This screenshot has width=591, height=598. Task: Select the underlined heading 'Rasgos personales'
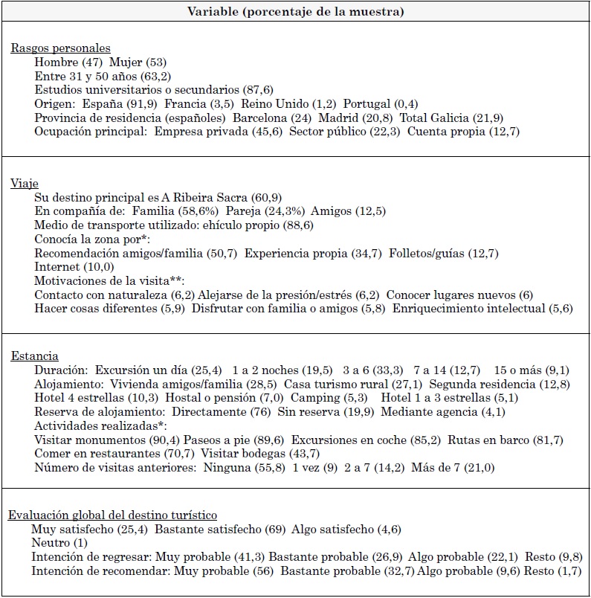pos(60,48)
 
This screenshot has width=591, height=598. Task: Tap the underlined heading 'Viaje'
pos(25,184)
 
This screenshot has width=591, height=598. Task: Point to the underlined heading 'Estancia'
pos(35,356)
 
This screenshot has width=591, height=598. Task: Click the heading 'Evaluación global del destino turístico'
pos(113,515)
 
